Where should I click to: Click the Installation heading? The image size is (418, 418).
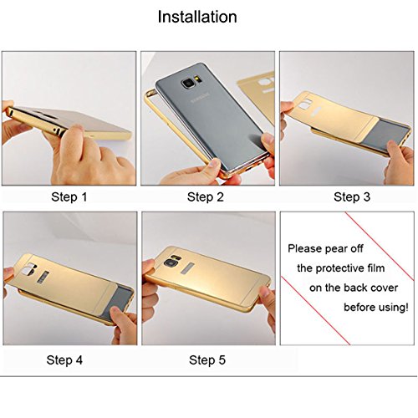197,17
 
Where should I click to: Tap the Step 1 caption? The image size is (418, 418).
69,197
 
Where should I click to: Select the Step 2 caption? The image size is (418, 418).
206,197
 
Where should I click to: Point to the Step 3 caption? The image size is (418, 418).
352,197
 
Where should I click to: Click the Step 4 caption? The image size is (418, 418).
64,359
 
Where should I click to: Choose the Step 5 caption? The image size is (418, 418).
207,359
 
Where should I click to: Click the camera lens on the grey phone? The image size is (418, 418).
187,83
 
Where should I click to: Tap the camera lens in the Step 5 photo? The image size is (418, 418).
169,263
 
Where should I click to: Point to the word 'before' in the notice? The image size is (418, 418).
358,308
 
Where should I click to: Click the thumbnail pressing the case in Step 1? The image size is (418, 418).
74,129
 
